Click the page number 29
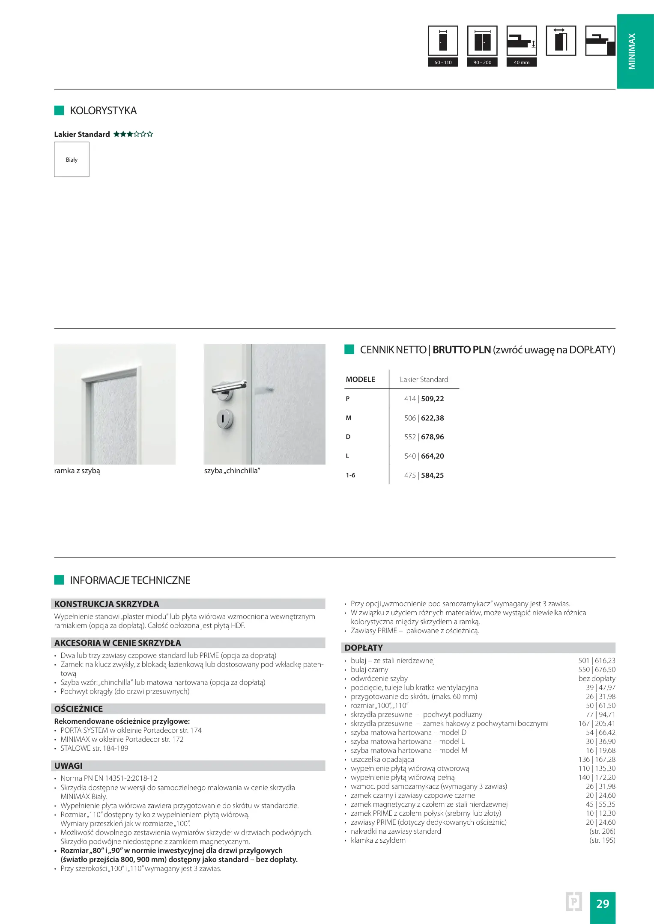coord(602,903)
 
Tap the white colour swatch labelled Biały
coord(72,159)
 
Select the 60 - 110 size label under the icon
coord(443,62)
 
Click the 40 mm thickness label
coord(521,62)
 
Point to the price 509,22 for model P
coord(432,399)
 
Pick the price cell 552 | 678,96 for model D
coord(424,437)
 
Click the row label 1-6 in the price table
coord(350,475)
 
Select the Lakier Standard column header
coord(424,379)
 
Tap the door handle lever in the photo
coord(230,387)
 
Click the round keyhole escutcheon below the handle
coord(224,418)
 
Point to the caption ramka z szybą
coord(77,471)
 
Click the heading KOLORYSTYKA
coord(103,111)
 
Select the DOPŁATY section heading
coord(364,648)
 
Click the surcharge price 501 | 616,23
coord(597,660)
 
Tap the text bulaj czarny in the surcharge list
coord(369,669)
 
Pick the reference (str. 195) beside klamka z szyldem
coord(602,840)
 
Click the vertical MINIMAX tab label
coord(632,51)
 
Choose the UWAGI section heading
coord(69,766)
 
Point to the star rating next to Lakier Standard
coord(133,134)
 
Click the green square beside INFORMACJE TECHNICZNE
coord(59,580)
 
